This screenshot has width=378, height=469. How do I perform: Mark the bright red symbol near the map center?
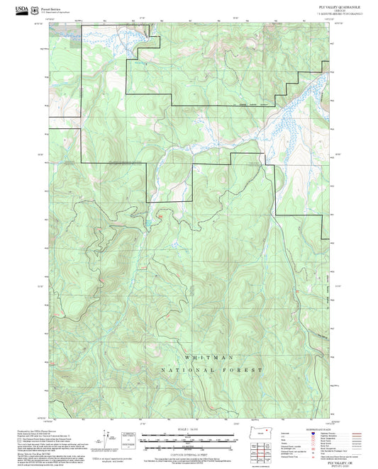[x=161, y=215]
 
